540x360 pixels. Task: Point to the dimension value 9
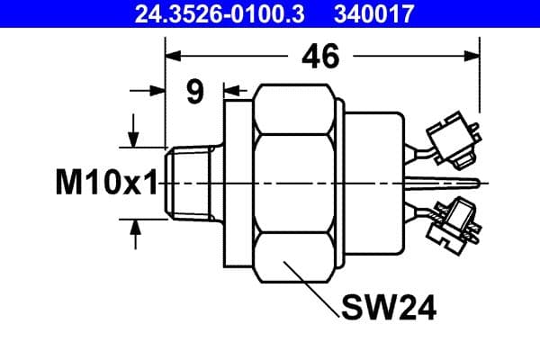194,92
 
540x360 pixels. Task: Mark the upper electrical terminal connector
450,140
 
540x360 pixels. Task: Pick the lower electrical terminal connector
451,225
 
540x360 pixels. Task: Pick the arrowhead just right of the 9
229,91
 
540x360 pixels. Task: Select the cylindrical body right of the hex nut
373,183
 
